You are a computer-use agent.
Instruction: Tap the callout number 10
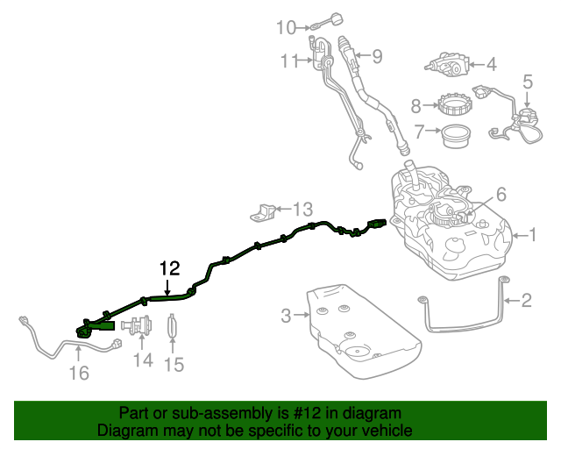click(286, 27)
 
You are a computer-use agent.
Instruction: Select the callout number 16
click(78, 374)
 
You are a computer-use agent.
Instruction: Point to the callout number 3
click(286, 316)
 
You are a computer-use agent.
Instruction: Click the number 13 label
click(302, 210)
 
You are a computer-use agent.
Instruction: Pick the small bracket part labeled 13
click(265, 210)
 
